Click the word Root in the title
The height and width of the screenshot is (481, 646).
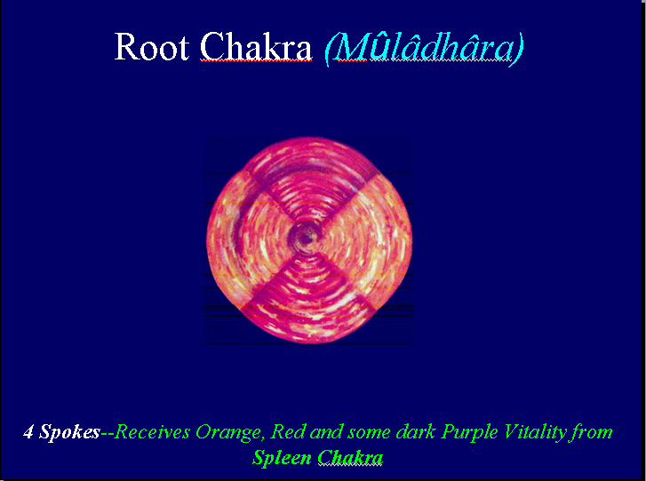click(x=152, y=46)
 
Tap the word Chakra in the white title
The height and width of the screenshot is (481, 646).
click(x=256, y=46)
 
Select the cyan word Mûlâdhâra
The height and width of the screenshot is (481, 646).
click(x=424, y=47)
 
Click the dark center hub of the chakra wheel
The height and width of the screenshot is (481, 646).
click(x=306, y=237)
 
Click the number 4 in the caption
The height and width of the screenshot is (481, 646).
click(x=28, y=432)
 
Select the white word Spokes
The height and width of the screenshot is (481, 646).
click(x=69, y=433)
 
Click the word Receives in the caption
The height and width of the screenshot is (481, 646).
click(x=152, y=432)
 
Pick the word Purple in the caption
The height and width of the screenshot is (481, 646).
click(x=468, y=433)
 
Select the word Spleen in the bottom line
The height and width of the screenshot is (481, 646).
click(x=282, y=458)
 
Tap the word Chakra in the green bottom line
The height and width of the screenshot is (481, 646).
click(x=350, y=458)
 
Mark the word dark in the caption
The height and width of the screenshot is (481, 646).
click(x=416, y=432)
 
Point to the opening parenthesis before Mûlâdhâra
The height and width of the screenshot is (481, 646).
click(x=329, y=49)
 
